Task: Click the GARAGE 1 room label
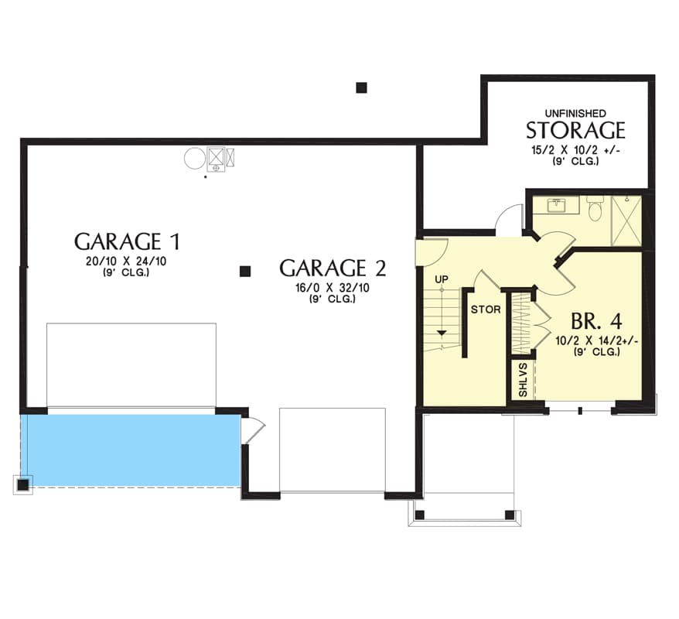tap(127, 241)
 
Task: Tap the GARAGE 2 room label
tap(333, 268)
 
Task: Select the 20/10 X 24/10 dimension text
tap(127, 262)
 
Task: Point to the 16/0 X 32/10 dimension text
tap(333, 288)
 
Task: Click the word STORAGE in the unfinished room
tap(575, 131)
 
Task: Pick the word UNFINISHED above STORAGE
tap(575, 114)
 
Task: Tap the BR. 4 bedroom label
tap(597, 321)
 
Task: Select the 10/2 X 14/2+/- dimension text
tap(597, 341)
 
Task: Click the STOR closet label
tap(486, 309)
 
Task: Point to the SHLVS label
tap(523, 380)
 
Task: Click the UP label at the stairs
tap(442, 279)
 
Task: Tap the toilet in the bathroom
tap(595, 209)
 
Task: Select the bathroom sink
tap(555, 205)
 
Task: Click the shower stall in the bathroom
tap(626, 221)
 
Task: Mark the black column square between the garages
tap(245, 271)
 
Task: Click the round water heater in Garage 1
tap(195, 159)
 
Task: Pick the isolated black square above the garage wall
tap(362, 88)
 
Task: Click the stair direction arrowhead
tap(442, 333)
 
